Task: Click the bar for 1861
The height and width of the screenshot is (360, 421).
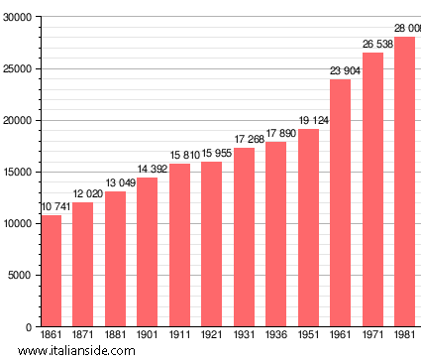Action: [51, 271]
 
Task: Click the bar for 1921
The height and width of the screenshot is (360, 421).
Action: [211, 244]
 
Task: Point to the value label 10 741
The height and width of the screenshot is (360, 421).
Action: [55, 206]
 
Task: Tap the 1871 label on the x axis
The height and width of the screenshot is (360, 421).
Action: [82, 335]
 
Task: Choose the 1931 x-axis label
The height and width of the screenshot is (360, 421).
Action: [244, 335]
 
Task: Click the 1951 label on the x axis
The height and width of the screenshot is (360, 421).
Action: [308, 335]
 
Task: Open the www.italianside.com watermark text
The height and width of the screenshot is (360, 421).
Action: [69, 351]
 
